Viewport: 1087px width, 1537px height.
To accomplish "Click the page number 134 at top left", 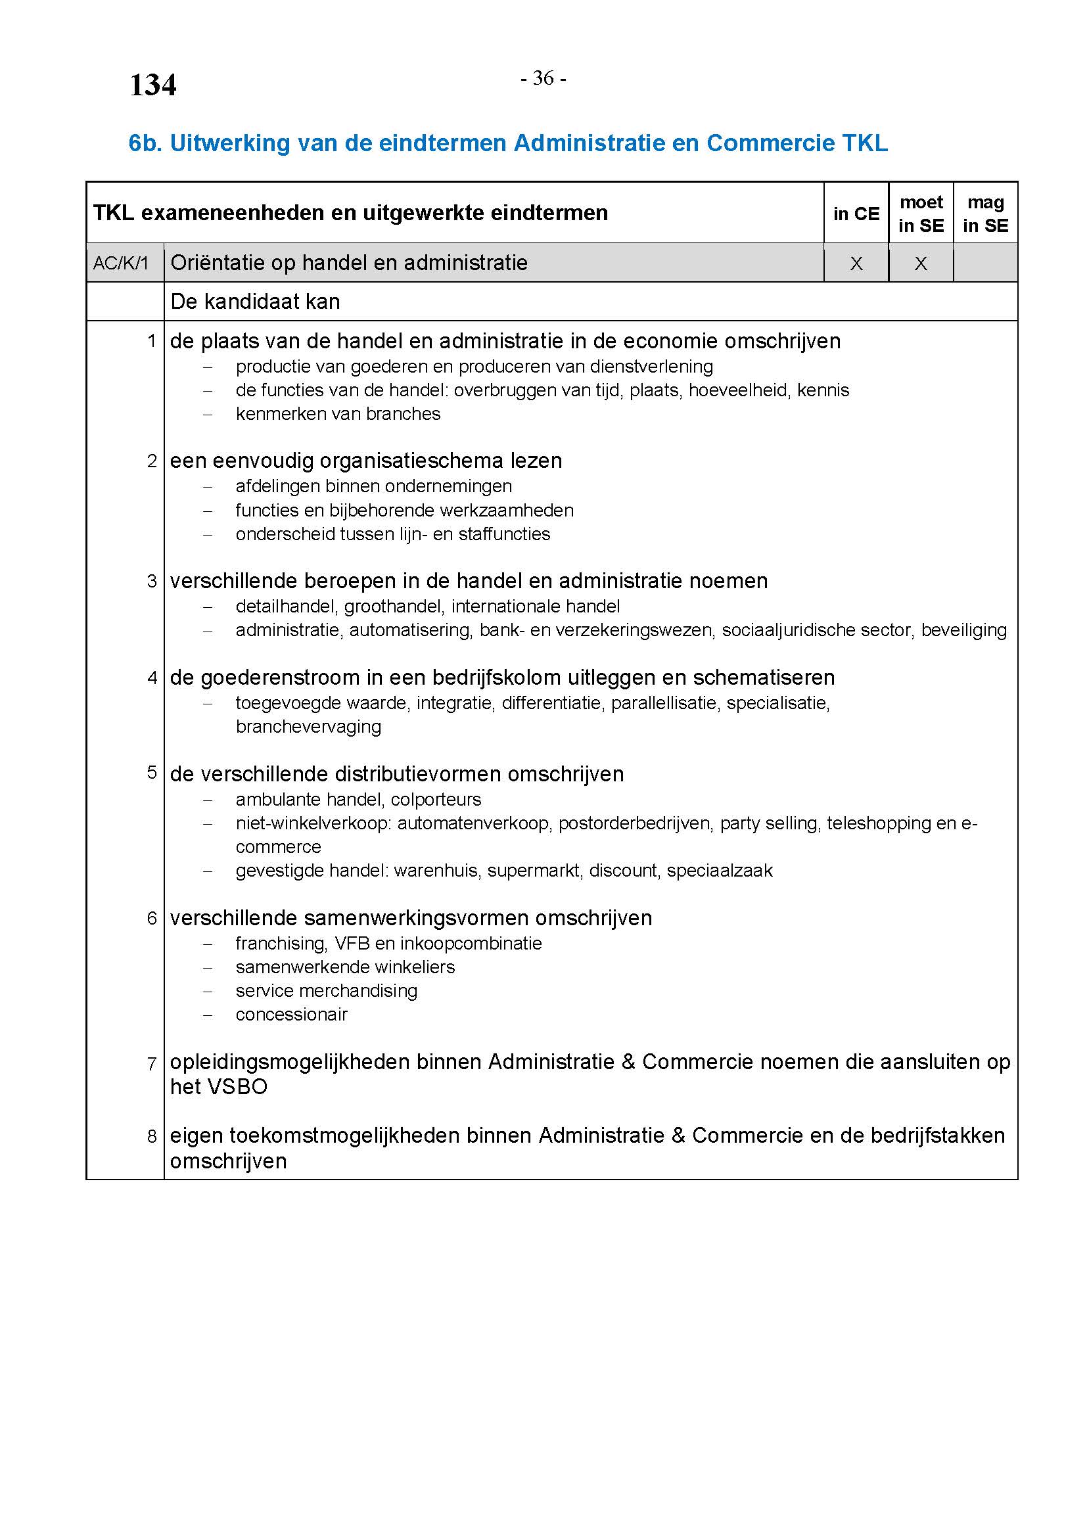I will [152, 85].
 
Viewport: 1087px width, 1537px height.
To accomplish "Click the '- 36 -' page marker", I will [543, 78].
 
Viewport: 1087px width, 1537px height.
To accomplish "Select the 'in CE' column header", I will [856, 214].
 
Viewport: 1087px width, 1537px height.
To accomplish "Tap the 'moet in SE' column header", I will [921, 214].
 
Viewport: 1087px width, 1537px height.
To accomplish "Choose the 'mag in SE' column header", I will [985, 214].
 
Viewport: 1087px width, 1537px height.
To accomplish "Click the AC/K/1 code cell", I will [121, 263].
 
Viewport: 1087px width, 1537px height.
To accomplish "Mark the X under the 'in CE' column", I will [856, 264].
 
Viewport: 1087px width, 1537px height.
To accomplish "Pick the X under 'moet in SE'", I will [921, 264].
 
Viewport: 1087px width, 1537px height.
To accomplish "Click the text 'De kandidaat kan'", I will [255, 302].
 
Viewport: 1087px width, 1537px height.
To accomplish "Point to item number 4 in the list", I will [152, 677].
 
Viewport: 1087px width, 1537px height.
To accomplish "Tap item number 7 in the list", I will [152, 1064].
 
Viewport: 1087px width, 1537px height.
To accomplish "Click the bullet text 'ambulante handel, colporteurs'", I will [358, 799].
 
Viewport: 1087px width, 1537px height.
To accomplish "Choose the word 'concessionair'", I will [291, 1014].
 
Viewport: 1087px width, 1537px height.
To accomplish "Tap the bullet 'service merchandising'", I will [326, 991].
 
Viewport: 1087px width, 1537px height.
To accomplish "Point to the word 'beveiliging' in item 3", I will [963, 630].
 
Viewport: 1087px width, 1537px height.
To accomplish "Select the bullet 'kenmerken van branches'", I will [338, 414].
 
